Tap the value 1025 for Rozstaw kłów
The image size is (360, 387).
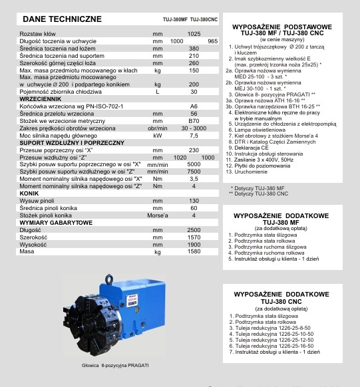(x=194, y=33)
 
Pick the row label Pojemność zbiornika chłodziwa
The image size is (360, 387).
(x=61, y=92)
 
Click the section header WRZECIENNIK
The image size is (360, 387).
(x=42, y=98)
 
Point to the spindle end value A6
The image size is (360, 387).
(x=194, y=106)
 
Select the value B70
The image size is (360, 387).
(x=194, y=121)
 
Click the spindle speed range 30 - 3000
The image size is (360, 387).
(x=194, y=128)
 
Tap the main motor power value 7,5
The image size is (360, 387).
(x=194, y=136)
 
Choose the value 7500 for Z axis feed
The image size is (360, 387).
(x=194, y=171)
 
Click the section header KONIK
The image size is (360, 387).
(x=29, y=193)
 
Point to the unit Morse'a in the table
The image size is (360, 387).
(x=158, y=215)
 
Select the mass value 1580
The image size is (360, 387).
(x=194, y=251)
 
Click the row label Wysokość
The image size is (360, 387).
(x=35, y=244)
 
